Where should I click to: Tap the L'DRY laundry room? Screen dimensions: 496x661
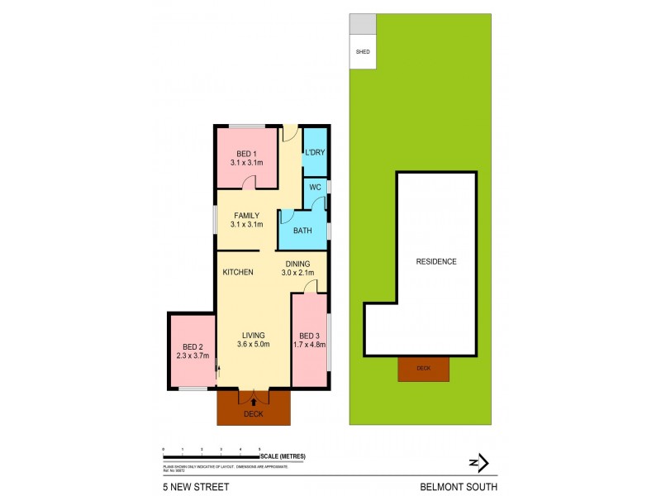tap(315, 153)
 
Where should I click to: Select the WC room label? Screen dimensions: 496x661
tap(315, 188)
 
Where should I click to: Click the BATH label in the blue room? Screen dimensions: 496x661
tap(302, 231)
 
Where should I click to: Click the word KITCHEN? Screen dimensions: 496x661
tap(237, 272)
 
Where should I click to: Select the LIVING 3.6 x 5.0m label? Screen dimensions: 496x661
tap(253, 339)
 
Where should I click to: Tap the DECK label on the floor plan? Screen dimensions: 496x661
tap(254, 414)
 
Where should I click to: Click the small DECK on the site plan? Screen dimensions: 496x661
tap(423, 369)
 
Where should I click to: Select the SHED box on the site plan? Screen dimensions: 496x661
tap(362, 51)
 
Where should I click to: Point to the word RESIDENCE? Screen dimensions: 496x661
tap(435, 261)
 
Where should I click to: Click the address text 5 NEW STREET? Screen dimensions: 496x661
tap(192, 487)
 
